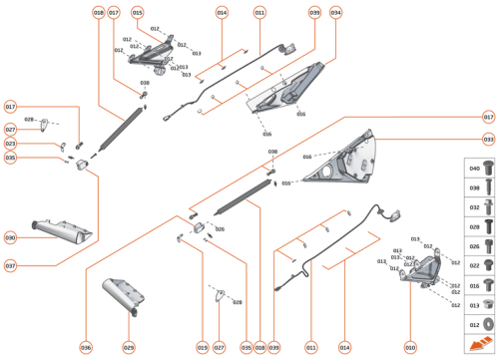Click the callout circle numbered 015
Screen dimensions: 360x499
click(x=137, y=13)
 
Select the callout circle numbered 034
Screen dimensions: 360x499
click(x=335, y=13)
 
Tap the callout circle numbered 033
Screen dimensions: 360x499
click(x=488, y=140)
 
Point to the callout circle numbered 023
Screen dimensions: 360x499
click(x=10, y=144)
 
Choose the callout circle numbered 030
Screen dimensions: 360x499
click(x=10, y=238)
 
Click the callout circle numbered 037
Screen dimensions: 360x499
click(x=10, y=266)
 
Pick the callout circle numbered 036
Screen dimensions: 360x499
click(x=86, y=347)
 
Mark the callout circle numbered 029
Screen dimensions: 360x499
click(x=129, y=347)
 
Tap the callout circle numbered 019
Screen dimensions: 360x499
click(x=203, y=347)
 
